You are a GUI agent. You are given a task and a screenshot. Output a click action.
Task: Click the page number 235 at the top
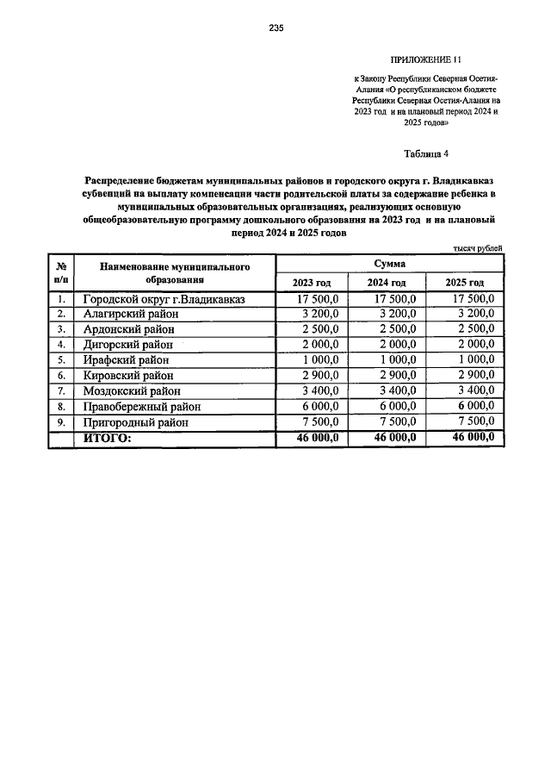click(275, 28)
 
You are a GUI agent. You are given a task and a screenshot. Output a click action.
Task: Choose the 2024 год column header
click(387, 283)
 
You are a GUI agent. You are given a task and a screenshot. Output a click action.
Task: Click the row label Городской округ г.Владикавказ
click(164, 299)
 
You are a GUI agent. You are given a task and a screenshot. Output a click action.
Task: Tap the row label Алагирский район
click(130, 314)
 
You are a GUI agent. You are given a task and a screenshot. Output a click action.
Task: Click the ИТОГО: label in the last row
click(107, 439)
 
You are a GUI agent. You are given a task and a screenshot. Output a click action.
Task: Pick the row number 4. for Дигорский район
click(61, 345)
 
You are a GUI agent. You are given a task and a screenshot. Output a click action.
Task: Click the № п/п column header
click(61, 273)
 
